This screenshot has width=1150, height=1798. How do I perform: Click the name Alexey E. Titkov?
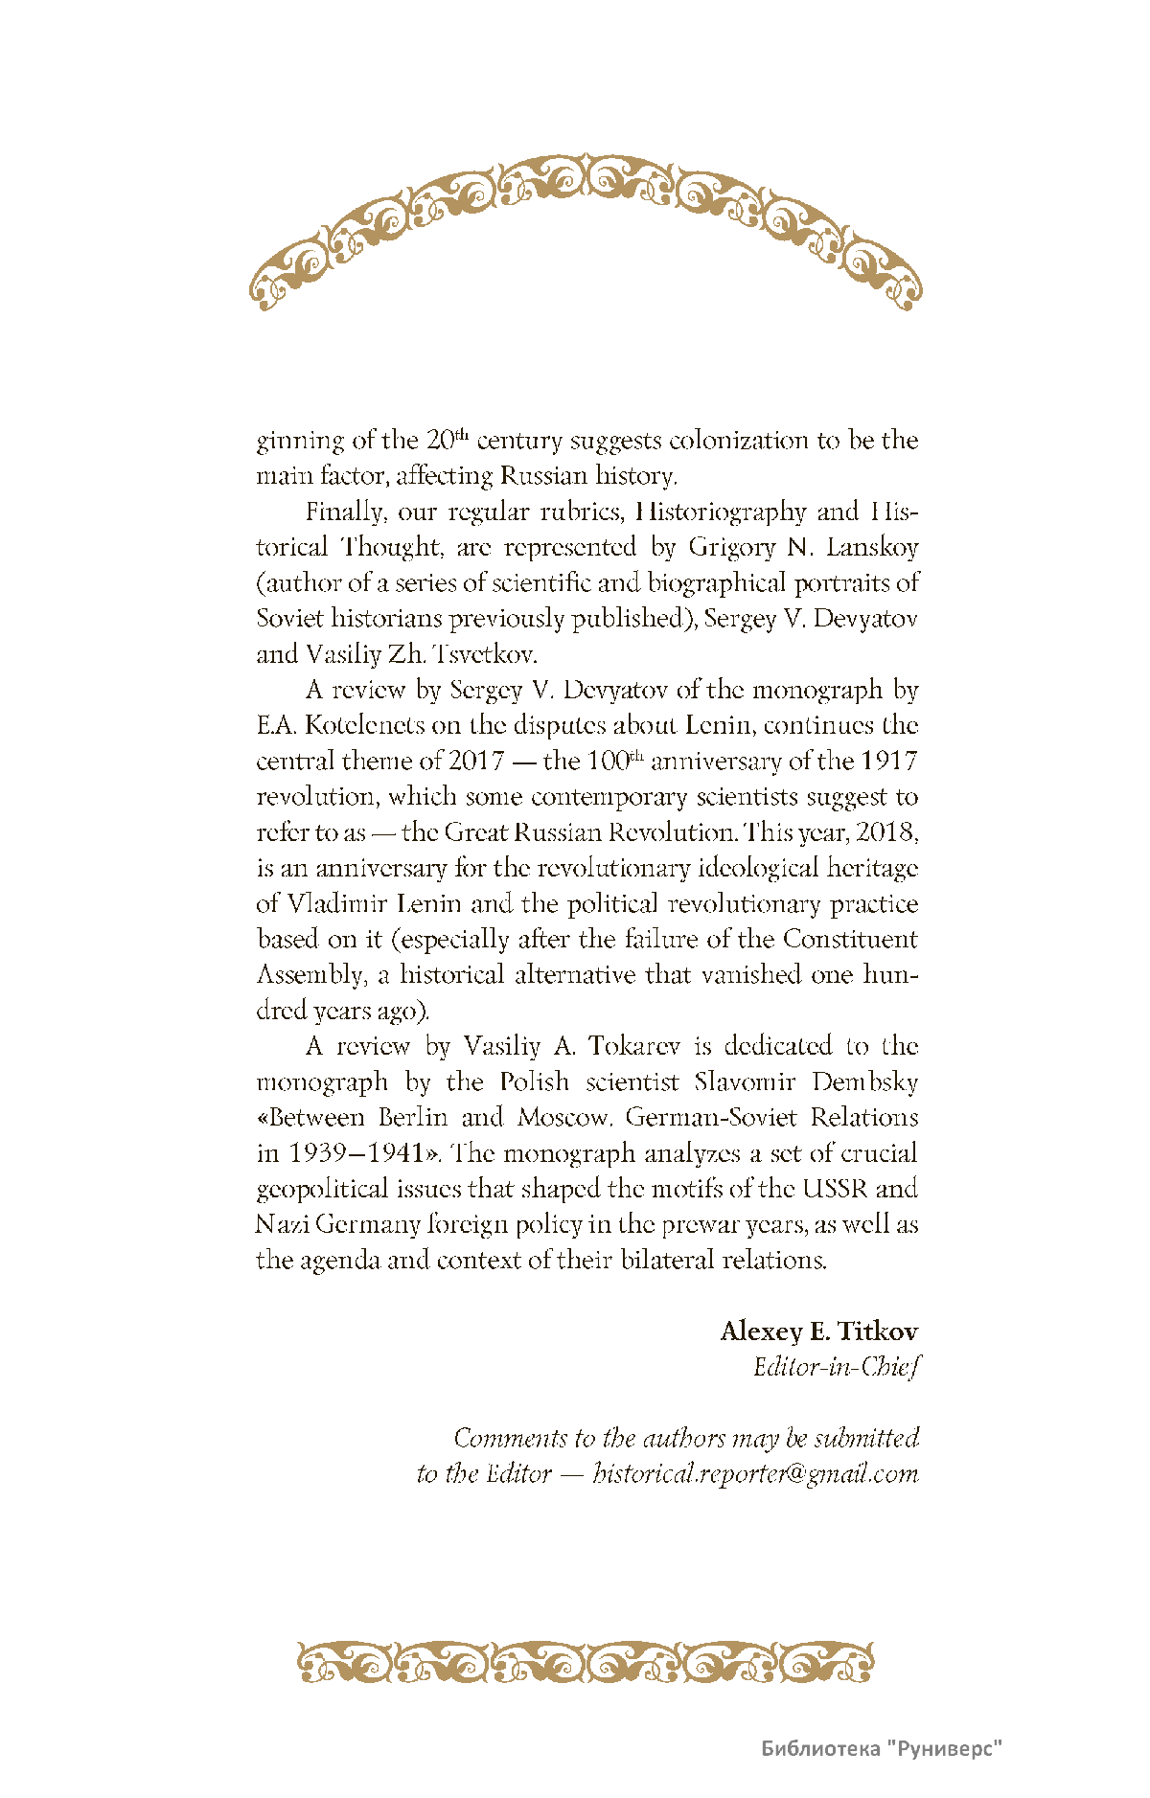[x=819, y=1331]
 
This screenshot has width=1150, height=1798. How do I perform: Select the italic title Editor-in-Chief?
[x=836, y=1367]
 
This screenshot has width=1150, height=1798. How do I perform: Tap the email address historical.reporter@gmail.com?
[x=755, y=1473]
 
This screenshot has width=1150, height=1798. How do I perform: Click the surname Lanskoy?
[x=872, y=547]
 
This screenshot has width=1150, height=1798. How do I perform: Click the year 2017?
[x=476, y=762]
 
